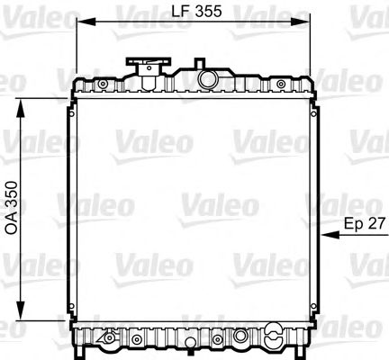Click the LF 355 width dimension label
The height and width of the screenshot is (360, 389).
tap(195, 12)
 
